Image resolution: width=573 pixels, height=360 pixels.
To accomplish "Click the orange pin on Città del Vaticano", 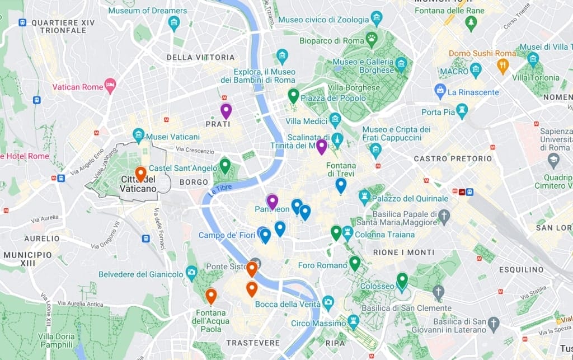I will pos(140,173).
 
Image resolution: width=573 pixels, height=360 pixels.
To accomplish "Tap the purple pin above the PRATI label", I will pos(226,110).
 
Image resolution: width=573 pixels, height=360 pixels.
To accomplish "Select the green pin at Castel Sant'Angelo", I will pos(225,165).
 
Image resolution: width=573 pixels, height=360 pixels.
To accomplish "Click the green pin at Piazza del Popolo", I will pos(293,95).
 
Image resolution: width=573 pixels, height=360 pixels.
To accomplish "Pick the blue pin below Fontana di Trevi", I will pos(341,185).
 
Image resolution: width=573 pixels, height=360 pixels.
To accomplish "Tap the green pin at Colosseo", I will pos(402,279).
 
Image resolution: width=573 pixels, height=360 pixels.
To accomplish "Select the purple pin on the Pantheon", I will pos(272,201).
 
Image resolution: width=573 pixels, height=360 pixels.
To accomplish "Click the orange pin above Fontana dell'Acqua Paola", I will pos(211,295).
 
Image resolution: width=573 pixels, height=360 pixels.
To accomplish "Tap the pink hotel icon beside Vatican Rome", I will pos(110,86).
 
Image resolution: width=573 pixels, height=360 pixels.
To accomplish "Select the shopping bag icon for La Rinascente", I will pos(440,90).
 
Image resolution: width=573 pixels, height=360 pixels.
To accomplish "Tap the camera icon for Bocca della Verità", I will pos(328,303).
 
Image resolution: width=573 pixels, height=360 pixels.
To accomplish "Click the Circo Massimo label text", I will pos(318,324).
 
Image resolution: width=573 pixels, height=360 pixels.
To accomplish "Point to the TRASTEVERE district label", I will pos(253,343).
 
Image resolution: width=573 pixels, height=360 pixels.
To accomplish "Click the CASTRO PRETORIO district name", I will pos(453,158).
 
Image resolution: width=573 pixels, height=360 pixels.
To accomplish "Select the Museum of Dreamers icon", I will pos(174,23).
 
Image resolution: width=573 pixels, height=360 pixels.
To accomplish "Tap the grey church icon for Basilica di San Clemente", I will pos(439,291).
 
